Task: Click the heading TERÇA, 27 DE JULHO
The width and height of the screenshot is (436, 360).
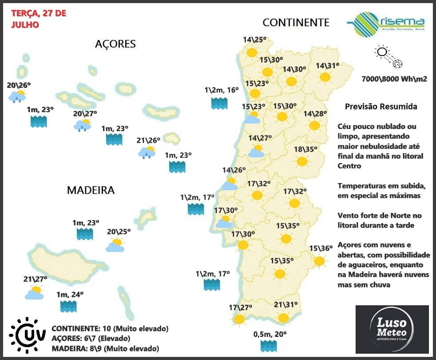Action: pos(38,19)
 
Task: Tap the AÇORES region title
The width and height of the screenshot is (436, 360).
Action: pos(115,44)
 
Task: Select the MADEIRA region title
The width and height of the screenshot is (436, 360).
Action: pos(91,190)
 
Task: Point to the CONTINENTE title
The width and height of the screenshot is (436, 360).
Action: pos(296,22)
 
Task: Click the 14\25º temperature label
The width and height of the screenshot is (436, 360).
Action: pos(254,40)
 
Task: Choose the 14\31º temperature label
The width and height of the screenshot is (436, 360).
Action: pos(327,66)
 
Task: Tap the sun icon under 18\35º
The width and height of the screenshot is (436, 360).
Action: pos(302,161)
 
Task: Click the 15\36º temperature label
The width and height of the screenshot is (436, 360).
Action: pos(321,248)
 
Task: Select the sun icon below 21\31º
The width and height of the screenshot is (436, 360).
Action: pos(283,318)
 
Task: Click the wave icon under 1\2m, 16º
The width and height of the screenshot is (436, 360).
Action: pos(219,104)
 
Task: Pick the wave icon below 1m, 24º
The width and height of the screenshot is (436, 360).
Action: pos(68,306)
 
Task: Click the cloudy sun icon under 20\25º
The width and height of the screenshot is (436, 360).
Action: pos(115,245)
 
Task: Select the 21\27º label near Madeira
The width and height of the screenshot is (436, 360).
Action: pos(35,279)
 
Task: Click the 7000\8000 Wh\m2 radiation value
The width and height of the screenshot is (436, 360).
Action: pos(394,79)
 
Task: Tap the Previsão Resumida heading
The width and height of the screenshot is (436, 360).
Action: pos(381,107)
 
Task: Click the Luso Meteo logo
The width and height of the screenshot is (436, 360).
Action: pos(392,328)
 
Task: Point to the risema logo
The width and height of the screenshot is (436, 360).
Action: pos(386,23)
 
